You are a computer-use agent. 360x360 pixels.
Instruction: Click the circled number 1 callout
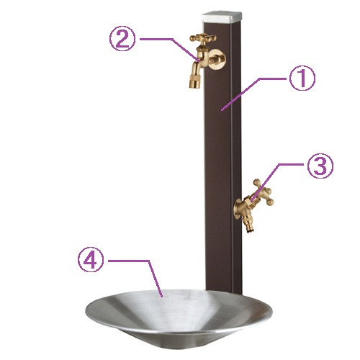tap(302, 78)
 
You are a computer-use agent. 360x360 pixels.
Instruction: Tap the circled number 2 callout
tap(122, 38)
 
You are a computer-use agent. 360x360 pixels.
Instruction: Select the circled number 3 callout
tap(320, 166)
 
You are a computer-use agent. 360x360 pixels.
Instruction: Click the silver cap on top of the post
tap(222, 17)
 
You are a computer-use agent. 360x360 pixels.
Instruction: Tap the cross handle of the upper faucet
tap(203, 38)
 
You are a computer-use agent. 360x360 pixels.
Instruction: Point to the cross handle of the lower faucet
tap(264, 192)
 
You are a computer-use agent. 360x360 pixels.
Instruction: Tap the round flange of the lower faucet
tap(237, 209)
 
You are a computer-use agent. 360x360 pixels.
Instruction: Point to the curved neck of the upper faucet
tap(200, 59)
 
